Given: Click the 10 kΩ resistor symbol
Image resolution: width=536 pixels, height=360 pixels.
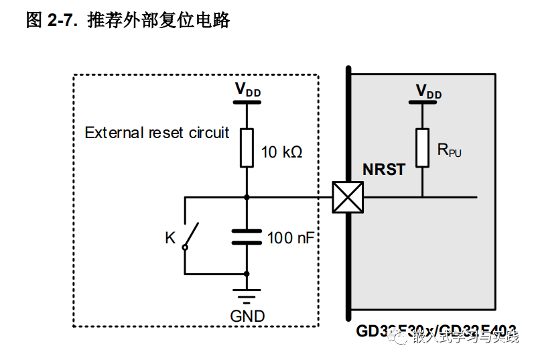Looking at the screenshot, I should point(247,147).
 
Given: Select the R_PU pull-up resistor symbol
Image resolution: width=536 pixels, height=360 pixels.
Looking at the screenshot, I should point(422,147).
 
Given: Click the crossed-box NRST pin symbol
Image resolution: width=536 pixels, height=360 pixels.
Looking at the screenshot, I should point(348,197).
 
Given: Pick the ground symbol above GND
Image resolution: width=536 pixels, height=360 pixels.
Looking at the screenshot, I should point(247,295).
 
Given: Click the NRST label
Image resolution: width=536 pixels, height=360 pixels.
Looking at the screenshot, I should point(383,170).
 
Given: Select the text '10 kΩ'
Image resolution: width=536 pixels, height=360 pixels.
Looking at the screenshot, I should point(281,152).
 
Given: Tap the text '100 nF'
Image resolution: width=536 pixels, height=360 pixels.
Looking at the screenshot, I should point(290,237).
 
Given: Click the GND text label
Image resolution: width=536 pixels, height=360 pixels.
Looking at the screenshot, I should point(247,316).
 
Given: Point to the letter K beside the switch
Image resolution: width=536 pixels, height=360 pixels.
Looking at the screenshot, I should point(170,237).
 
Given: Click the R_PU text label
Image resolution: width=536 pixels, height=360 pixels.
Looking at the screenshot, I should point(449,150).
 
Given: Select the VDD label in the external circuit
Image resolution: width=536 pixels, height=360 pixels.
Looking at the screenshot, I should point(247,90).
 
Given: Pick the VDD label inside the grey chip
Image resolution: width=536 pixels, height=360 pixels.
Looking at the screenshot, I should point(429,91).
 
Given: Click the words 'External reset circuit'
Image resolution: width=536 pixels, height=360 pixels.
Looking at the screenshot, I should point(157,133).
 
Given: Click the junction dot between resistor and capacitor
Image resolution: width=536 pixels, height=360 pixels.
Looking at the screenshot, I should point(247,197).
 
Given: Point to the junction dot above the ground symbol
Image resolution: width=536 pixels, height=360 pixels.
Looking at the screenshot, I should point(247,274).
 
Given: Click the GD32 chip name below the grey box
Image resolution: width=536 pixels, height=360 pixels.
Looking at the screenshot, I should point(436,331).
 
